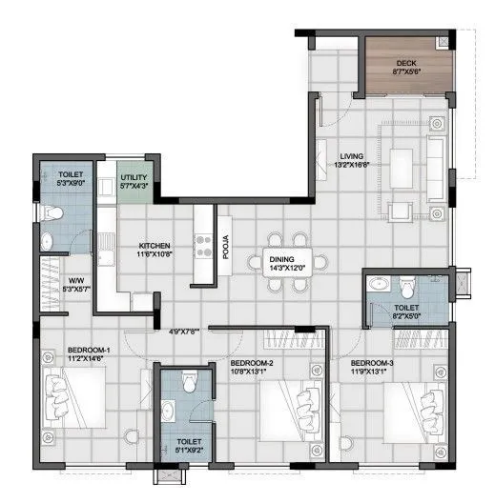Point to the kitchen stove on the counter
pos(202,247)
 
